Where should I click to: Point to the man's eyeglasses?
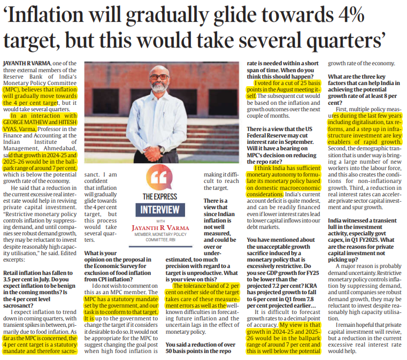158,76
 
